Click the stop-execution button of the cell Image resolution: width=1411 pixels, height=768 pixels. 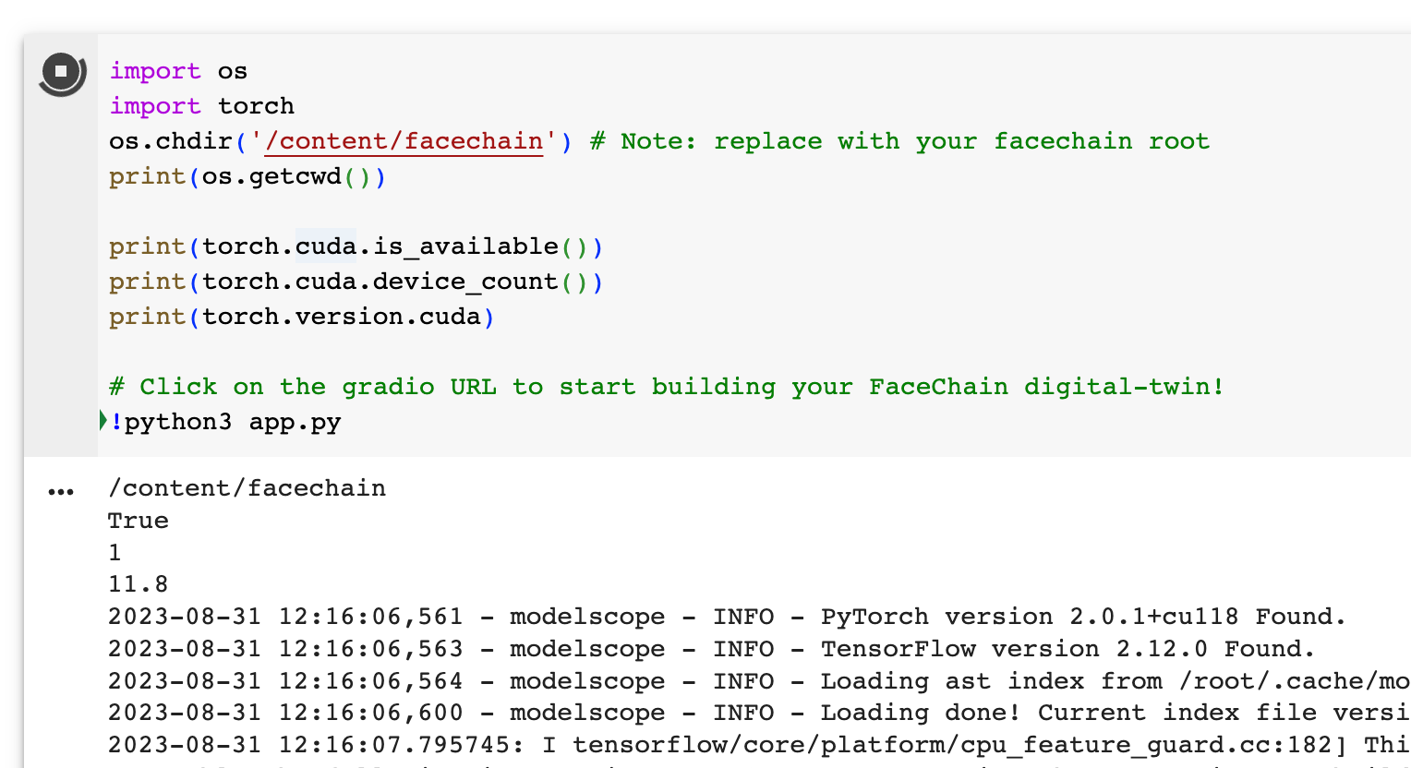(x=61, y=72)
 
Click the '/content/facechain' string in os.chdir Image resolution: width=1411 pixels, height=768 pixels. (x=404, y=141)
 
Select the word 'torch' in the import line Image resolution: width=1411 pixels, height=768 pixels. (x=256, y=106)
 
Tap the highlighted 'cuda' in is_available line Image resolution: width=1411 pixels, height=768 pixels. (x=325, y=246)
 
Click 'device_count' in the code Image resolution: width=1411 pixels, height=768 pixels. (x=465, y=282)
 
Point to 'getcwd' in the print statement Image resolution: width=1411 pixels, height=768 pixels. (x=295, y=176)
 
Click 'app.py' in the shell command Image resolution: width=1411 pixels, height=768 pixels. (x=295, y=422)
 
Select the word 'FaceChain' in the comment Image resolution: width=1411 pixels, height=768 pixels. (x=938, y=387)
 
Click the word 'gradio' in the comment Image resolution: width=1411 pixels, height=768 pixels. (x=388, y=387)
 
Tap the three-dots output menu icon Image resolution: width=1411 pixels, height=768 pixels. (x=61, y=491)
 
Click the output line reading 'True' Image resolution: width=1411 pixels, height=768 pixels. (x=139, y=521)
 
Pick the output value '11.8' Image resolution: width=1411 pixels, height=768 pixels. (x=139, y=584)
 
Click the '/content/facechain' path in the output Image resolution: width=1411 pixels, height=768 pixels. (x=247, y=488)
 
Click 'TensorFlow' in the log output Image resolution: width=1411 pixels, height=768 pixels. (x=898, y=649)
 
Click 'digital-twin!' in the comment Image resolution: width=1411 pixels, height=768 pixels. (x=1124, y=387)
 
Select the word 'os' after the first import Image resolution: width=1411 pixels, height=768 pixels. (x=233, y=71)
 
